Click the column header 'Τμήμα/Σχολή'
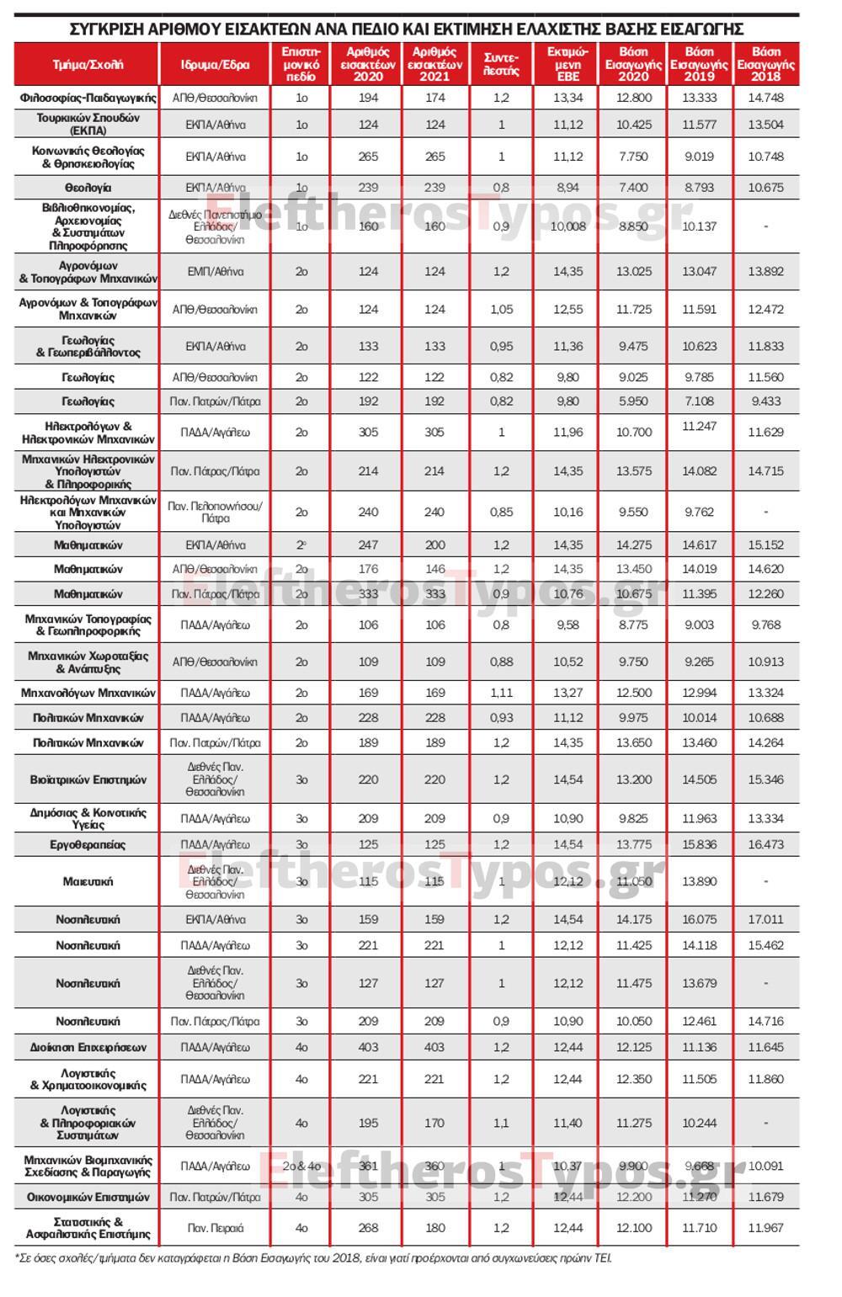tap(88, 64)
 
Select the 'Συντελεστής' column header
tap(501, 64)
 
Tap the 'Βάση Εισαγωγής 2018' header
tap(765, 64)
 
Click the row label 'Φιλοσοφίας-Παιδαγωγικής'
tap(88, 98)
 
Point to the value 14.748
tap(765, 98)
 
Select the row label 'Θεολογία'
tap(88, 188)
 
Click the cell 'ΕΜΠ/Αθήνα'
tap(215, 272)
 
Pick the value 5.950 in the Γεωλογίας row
tap(633, 401)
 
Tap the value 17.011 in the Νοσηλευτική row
tap(765, 919)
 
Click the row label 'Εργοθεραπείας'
tap(88, 844)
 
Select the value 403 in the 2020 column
tap(368, 1047)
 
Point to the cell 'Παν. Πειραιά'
tap(215, 1228)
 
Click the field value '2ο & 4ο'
tap(301, 1166)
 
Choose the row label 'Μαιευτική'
tap(88, 881)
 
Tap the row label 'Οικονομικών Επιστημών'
tap(88, 1197)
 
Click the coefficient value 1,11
tap(501, 693)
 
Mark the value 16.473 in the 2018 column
tap(765, 844)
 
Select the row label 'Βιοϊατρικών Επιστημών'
tap(88, 779)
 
